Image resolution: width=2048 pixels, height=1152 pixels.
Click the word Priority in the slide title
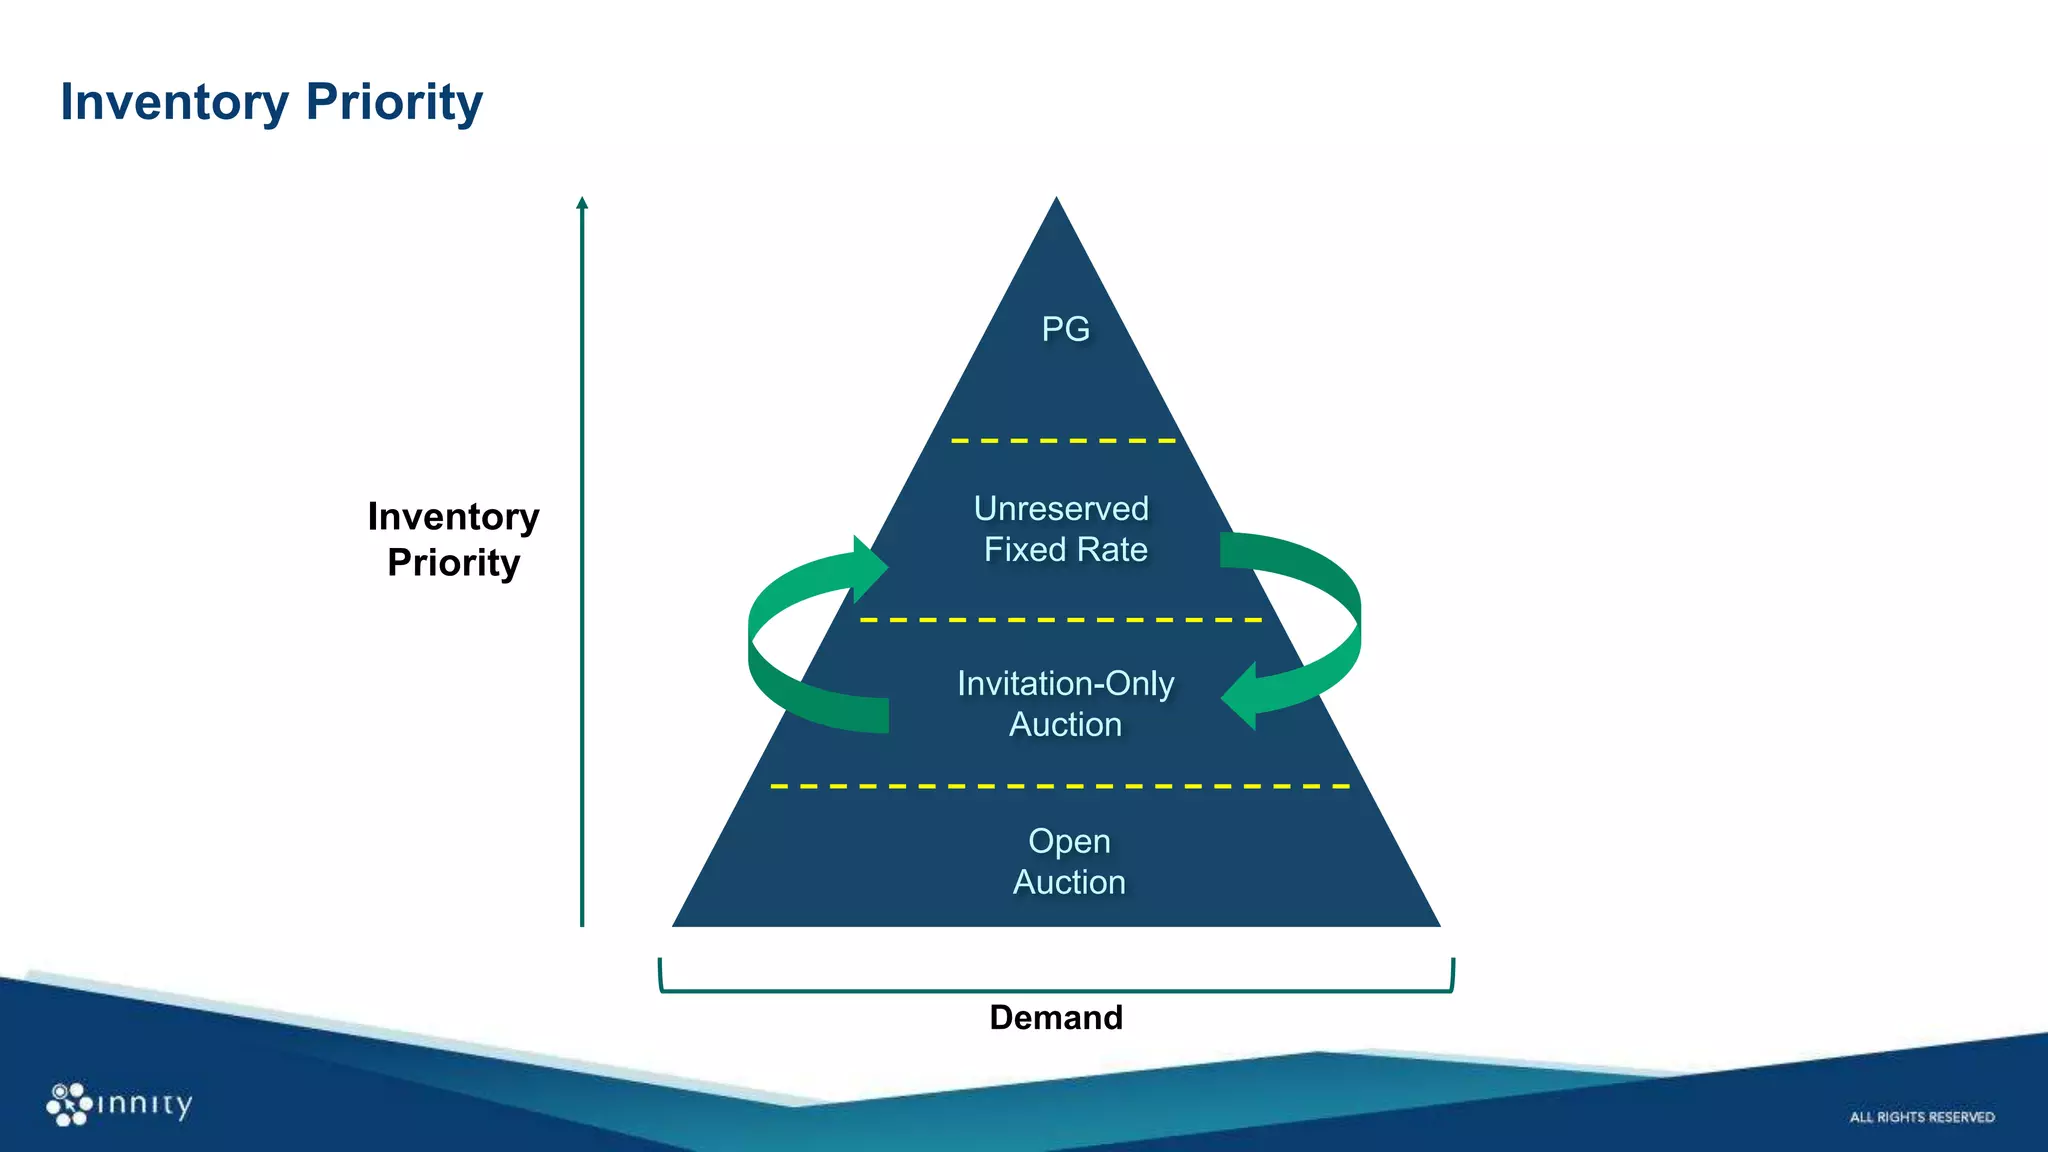point(394,102)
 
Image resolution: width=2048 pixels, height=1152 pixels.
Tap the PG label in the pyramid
point(1065,329)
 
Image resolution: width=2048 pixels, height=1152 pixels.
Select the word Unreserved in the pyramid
point(1061,509)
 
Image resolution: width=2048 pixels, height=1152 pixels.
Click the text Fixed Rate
point(1065,550)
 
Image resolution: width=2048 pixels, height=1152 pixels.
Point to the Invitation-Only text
point(1065,684)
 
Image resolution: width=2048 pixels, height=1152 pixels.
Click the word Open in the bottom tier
point(1069,842)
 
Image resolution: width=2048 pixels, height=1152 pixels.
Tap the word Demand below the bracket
point(1056,1018)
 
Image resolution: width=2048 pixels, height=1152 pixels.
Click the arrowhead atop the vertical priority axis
point(582,203)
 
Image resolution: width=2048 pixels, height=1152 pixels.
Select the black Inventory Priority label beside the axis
point(453,540)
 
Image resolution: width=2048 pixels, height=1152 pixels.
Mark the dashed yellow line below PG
point(1063,441)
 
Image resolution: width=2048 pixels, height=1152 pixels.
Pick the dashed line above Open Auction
point(1060,787)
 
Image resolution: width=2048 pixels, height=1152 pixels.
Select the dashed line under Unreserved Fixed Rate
point(1060,621)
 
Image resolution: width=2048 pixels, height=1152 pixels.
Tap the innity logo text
point(144,1104)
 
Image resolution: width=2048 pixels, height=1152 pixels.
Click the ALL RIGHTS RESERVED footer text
point(1921,1117)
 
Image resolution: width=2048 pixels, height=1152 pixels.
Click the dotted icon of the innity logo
point(68,1104)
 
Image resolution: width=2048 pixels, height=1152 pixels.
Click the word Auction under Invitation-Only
point(1065,725)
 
